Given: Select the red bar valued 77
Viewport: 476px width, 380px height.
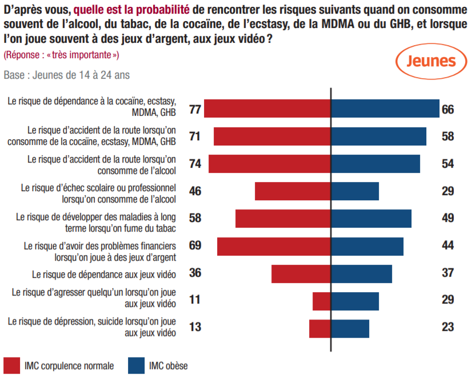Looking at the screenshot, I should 267,108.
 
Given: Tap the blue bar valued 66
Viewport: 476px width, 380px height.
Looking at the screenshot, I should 385,108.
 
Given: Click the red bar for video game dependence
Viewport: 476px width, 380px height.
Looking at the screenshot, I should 301,274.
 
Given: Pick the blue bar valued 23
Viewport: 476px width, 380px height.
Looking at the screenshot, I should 350,329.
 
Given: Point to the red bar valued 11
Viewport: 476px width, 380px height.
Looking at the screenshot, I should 322,301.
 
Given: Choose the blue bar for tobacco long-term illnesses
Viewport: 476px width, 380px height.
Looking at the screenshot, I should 371,219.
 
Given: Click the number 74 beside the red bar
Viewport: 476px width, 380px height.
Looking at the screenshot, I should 195,164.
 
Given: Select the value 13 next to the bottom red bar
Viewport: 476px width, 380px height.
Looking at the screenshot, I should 195,328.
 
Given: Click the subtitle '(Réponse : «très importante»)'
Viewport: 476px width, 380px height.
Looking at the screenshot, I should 61,55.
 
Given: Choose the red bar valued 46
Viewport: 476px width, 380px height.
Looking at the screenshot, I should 293,191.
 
